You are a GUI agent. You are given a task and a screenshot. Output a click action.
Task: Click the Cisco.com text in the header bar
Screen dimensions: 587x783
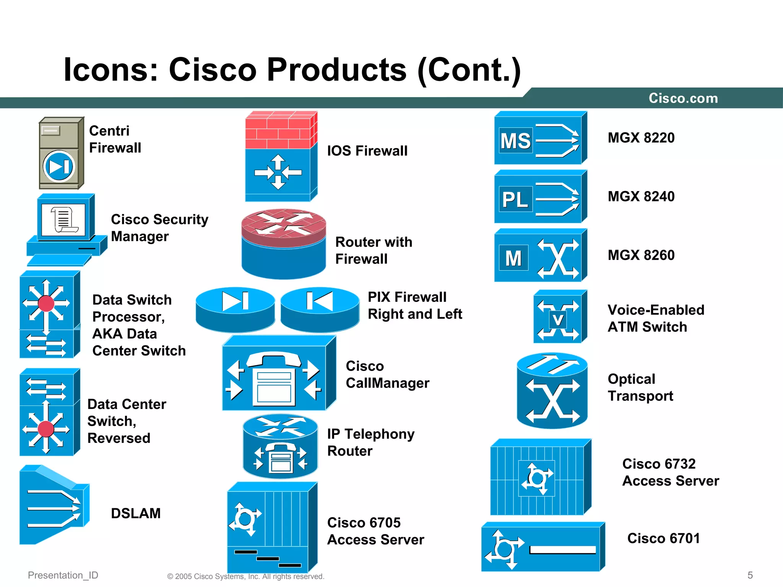coord(683,98)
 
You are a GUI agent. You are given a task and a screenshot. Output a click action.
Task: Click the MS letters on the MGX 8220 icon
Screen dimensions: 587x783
coord(515,141)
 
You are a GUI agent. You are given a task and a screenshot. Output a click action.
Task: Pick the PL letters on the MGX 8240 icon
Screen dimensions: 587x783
coord(515,199)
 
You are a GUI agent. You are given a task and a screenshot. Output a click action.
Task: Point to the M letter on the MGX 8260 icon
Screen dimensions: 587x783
coord(513,258)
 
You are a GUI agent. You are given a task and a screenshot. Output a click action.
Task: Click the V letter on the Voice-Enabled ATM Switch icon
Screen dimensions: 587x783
coord(558,320)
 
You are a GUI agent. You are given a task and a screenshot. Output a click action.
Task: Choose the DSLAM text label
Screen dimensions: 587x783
coord(136,513)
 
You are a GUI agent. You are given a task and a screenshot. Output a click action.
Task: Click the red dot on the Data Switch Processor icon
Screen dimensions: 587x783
coord(46,303)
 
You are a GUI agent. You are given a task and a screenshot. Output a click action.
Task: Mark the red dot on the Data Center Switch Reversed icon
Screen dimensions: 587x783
coord(46,429)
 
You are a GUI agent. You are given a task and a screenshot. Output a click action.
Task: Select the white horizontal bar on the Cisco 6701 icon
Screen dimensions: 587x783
coord(562,550)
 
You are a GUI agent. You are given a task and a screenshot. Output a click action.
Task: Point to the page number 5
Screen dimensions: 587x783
coord(750,575)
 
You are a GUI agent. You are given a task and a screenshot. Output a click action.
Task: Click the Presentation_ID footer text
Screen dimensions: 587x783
coord(63,575)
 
